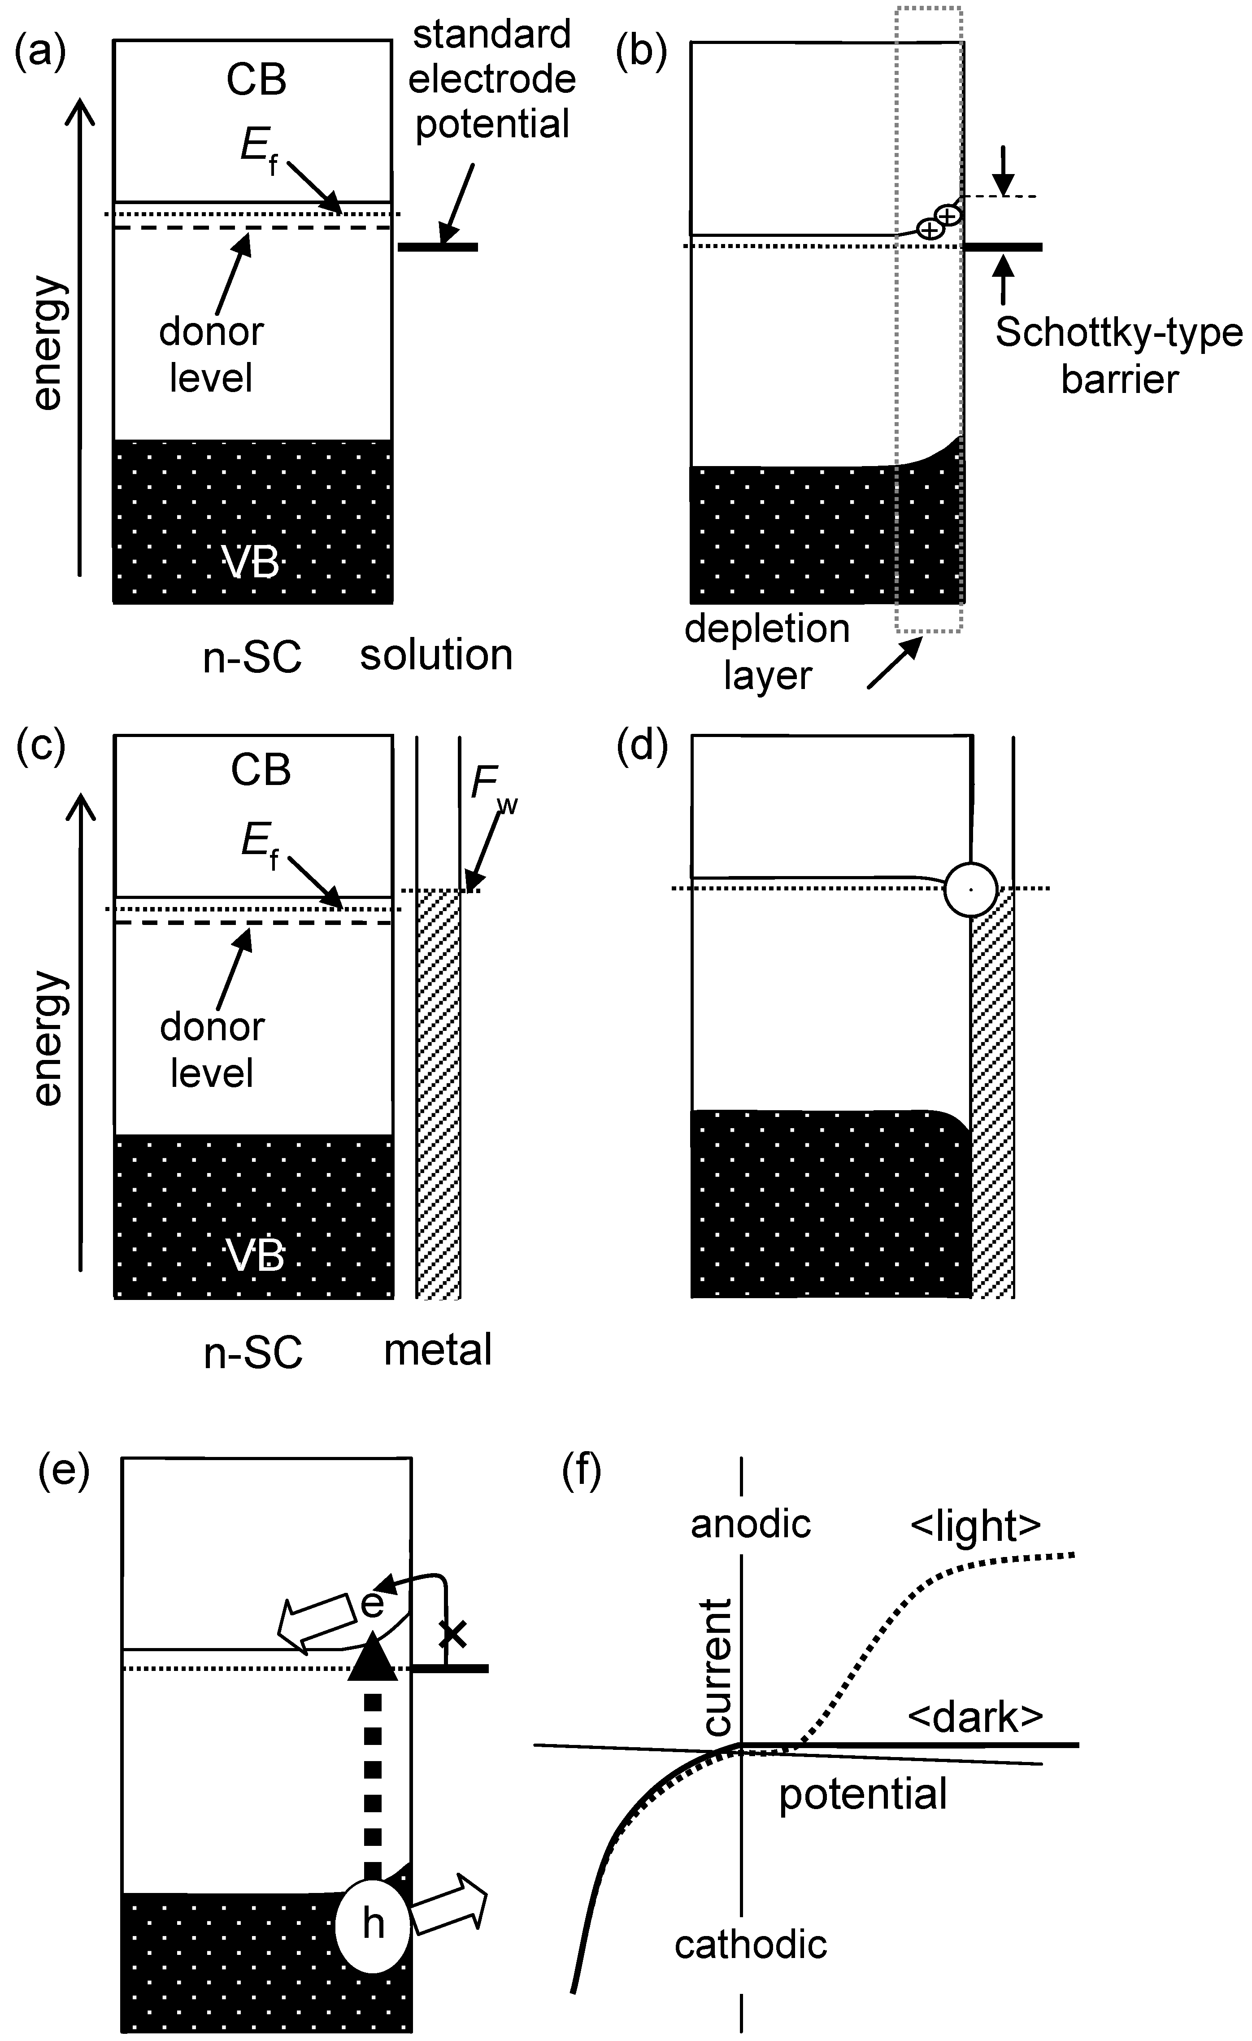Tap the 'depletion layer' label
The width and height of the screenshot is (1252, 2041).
(767, 652)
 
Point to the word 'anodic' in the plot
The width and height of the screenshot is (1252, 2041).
(750, 1524)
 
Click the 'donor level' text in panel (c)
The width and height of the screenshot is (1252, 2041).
(212, 1050)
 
